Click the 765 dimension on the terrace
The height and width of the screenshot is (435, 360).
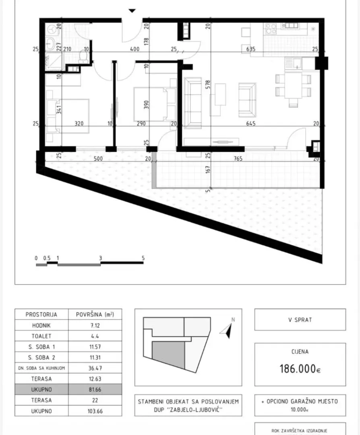click(238, 159)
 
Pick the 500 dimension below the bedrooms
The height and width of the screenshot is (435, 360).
click(98, 159)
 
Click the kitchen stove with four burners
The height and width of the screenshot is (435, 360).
click(270, 28)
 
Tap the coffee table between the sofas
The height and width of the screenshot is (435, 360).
click(220, 94)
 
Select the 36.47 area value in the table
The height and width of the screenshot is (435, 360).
click(95, 368)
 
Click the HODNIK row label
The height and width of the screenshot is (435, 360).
click(41, 325)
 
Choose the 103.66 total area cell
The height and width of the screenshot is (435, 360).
click(95, 411)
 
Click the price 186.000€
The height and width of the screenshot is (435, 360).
click(300, 368)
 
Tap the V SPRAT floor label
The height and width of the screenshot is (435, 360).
click(300, 320)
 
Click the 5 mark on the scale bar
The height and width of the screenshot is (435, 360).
click(143, 259)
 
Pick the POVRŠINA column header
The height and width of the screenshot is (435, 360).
click(95, 315)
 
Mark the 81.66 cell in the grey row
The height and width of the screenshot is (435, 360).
click(95, 389)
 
